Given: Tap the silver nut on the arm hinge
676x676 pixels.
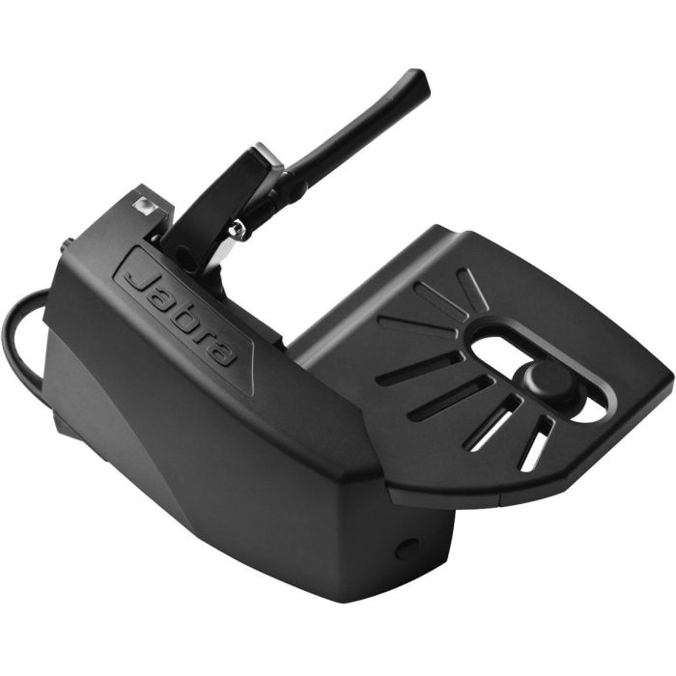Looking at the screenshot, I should pos(235,230).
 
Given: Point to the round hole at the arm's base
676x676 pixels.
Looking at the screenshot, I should pos(183,257).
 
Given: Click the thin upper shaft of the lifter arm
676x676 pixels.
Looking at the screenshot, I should pos(357,126).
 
